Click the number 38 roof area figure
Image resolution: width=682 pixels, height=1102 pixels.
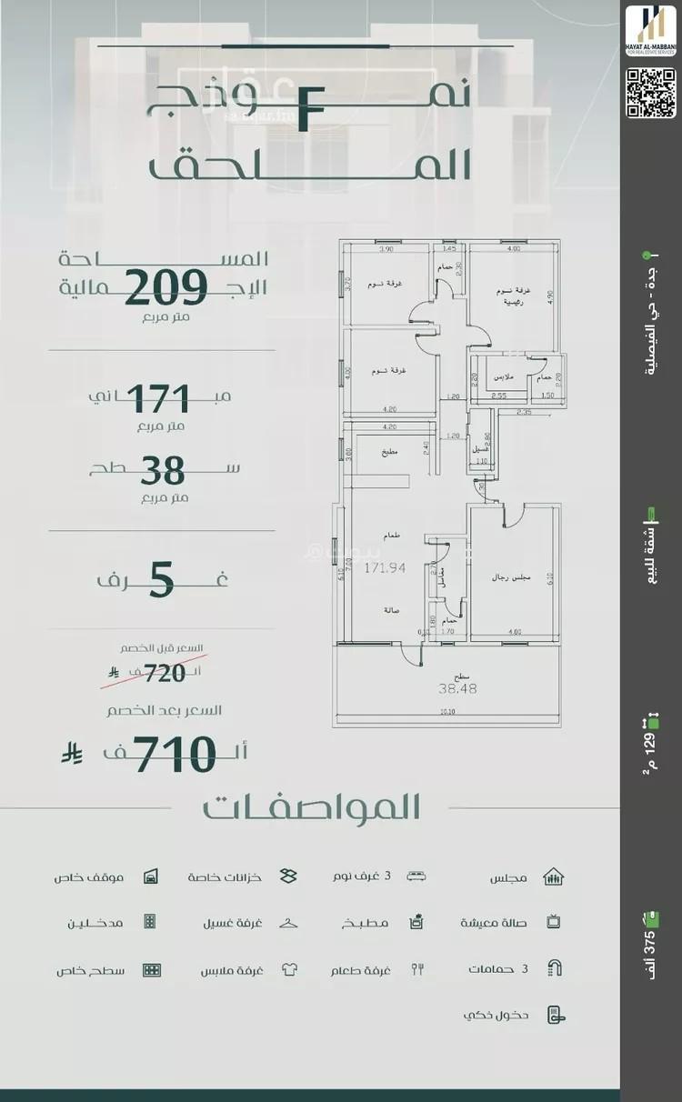[x=163, y=471]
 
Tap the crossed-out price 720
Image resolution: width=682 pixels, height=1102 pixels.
[x=165, y=673]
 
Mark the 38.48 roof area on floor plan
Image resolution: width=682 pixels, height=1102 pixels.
[x=458, y=688]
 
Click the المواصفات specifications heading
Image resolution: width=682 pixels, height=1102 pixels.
[x=311, y=807]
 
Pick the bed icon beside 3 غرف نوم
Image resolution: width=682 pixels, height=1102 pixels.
[x=416, y=877]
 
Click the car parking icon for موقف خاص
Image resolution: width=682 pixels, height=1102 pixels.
[x=151, y=877]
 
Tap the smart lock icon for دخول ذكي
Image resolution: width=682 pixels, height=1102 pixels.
[x=552, y=1015]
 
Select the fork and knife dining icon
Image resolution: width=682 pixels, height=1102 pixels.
[x=417, y=969]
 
